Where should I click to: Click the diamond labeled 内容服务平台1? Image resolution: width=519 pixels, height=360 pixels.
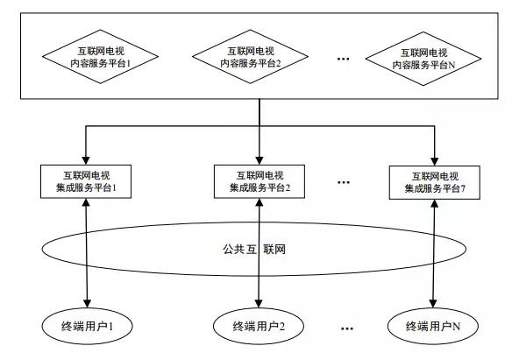[100, 57]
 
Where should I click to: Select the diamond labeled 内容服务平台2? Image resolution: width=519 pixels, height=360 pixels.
[250, 57]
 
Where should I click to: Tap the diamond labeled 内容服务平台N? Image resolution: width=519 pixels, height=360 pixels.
[423, 59]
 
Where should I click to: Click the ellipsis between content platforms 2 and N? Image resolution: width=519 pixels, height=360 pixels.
[344, 60]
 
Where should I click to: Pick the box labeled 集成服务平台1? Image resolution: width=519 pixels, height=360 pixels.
[86, 181]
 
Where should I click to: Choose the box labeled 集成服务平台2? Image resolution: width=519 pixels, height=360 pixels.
[259, 181]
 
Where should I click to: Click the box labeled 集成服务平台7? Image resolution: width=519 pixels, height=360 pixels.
[435, 182]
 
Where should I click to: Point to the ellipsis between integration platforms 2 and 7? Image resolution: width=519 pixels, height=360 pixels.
[344, 182]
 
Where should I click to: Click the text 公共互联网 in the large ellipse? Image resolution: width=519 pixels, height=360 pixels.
[254, 250]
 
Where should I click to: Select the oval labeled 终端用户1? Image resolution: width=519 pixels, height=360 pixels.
[88, 326]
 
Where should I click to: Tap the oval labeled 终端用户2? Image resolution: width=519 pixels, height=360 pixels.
[259, 326]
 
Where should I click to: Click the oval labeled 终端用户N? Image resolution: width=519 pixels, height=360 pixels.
[433, 326]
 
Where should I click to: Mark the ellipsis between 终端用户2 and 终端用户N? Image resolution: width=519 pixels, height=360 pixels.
[346, 328]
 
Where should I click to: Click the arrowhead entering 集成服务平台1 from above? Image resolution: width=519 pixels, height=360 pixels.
[86, 160]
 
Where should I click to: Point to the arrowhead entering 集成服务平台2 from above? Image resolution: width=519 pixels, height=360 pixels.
[259, 160]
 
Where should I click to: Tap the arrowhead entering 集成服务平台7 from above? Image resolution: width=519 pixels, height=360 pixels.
[435, 161]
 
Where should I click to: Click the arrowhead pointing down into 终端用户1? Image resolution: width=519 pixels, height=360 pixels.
[87, 303]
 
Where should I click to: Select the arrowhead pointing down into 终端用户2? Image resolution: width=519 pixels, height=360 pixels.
[259, 303]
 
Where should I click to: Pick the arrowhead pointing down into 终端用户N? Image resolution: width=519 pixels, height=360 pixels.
[433, 303]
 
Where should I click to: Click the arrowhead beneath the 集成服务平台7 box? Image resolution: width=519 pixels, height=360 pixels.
[435, 204]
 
